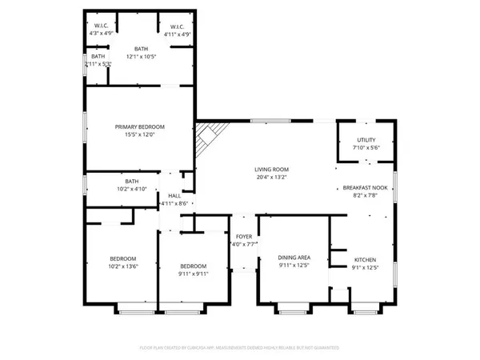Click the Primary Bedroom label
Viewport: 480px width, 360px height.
click(x=139, y=127)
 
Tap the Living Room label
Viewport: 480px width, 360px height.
click(x=271, y=170)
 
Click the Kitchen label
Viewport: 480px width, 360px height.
click(x=365, y=259)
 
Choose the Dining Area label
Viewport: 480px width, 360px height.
click(x=294, y=258)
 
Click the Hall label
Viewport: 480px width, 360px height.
click(x=174, y=195)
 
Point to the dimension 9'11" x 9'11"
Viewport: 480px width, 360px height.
click(x=193, y=274)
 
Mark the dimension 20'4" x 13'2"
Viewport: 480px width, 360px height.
click(x=271, y=178)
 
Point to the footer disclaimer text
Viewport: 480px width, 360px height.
click(x=239, y=348)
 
